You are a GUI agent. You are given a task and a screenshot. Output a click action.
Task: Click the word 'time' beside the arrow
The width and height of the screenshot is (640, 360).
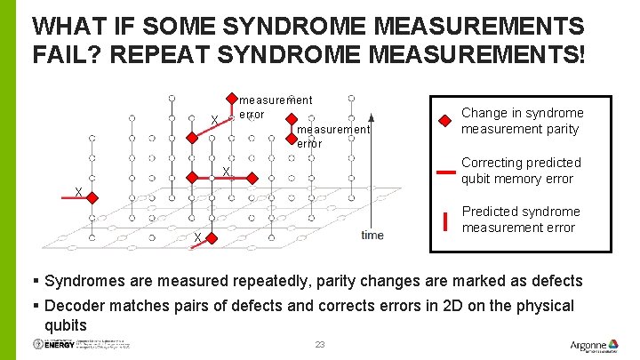(373, 235)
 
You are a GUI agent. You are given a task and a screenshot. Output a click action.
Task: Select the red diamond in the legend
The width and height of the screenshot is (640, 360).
(444, 121)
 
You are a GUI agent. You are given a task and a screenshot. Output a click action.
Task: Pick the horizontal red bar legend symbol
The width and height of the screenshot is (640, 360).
(444, 170)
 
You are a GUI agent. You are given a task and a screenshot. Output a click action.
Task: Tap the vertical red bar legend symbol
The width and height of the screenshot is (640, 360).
(444, 220)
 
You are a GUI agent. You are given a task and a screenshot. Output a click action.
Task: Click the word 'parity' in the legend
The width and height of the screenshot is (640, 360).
(559, 129)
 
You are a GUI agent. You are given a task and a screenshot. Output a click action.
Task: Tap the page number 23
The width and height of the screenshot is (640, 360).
(321, 344)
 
